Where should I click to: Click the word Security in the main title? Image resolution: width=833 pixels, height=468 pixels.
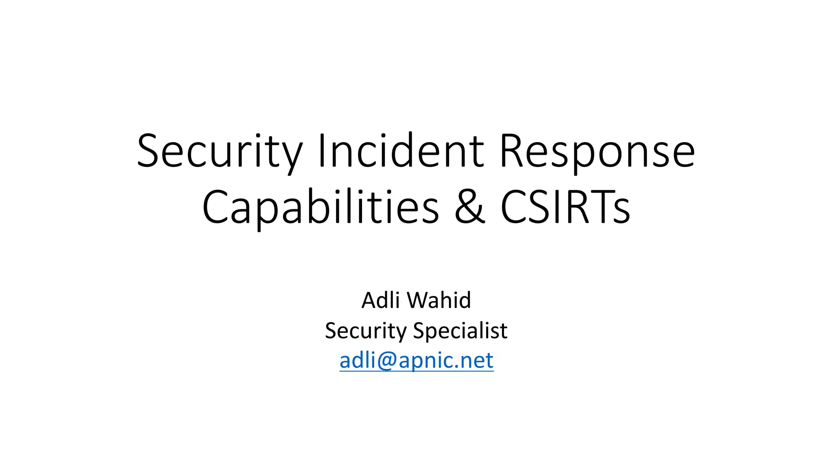click(220, 151)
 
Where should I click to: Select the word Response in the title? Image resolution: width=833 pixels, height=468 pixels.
click(597, 151)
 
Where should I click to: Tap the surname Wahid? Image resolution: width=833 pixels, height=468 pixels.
click(439, 301)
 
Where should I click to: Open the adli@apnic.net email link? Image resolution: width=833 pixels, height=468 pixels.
click(416, 360)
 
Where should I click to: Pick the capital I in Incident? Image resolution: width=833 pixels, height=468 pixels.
click(322, 151)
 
